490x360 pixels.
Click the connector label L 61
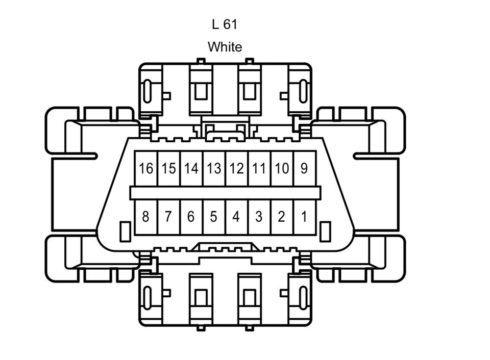click(x=225, y=24)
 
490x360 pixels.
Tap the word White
click(x=225, y=47)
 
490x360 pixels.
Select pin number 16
click(x=146, y=168)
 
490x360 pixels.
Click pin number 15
click(x=168, y=168)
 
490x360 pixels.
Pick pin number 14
click(x=191, y=168)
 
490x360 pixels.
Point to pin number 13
click(x=214, y=168)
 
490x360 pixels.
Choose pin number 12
click(x=236, y=168)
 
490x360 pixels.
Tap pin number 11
click(x=259, y=168)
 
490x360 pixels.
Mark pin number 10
click(x=281, y=168)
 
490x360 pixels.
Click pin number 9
click(x=304, y=168)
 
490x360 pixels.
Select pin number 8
click(x=146, y=217)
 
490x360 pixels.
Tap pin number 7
click(x=168, y=217)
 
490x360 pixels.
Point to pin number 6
click(x=191, y=217)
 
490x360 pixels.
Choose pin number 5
click(x=214, y=217)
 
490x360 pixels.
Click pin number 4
click(x=236, y=217)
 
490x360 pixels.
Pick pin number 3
click(x=259, y=217)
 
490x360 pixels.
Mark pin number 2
click(x=281, y=217)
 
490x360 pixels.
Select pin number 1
click(x=304, y=217)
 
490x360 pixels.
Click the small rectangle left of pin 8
click(x=124, y=232)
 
